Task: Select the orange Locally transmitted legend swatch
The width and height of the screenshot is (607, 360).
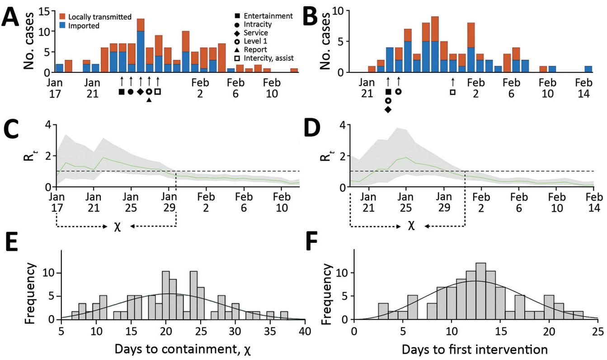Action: [63, 17]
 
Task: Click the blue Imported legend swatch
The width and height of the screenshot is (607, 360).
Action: [63, 26]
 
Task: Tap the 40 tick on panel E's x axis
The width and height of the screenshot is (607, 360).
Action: [305, 331]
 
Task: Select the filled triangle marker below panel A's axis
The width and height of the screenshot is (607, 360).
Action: [149, 100]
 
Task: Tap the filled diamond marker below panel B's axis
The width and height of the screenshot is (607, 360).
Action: [388, 110]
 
